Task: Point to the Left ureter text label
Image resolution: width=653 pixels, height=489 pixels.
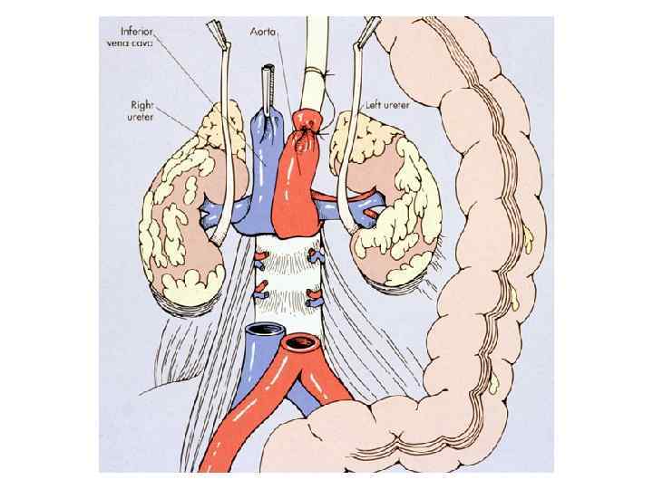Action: click(387, 106)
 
